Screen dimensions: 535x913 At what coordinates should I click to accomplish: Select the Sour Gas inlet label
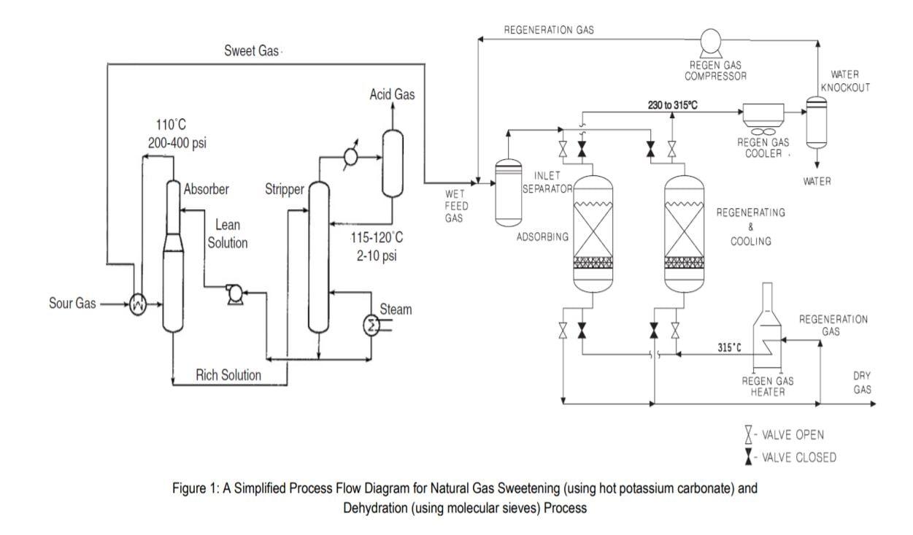pyautogui.click(x=72, y=304)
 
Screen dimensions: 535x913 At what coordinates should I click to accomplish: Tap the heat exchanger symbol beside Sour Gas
pyautogui.click(x=136, y=306)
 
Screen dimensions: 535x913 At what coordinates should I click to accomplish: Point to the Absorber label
pyautogui.click(x=207, y=190)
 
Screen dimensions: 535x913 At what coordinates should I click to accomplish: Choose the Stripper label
pyautogui.click(x=284, y=191)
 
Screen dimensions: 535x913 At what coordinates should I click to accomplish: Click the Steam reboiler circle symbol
pyautogui.click(x=373, y=326)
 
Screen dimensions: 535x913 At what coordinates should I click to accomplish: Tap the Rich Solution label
pyautogui.click(x=228, y=375)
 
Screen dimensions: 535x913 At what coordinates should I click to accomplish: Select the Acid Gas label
pyautogui.click(x=392, y=94)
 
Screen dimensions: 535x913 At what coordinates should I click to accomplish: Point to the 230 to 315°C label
pyautogui.click(x=673, y=105)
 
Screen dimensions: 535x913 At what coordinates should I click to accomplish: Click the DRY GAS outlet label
pyautogui.click(x=862, y=382)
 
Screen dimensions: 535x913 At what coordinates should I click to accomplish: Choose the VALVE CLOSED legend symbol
pyautogui.click(x=748, y=457)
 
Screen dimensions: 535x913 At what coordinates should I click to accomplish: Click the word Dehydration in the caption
pyautogui.click(x=380, y=508)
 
